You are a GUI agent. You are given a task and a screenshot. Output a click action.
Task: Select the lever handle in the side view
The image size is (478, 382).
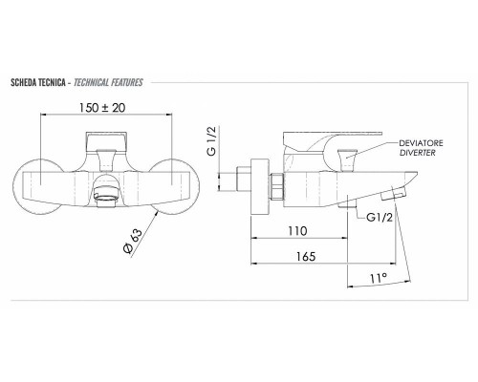(x=335, y=139)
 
